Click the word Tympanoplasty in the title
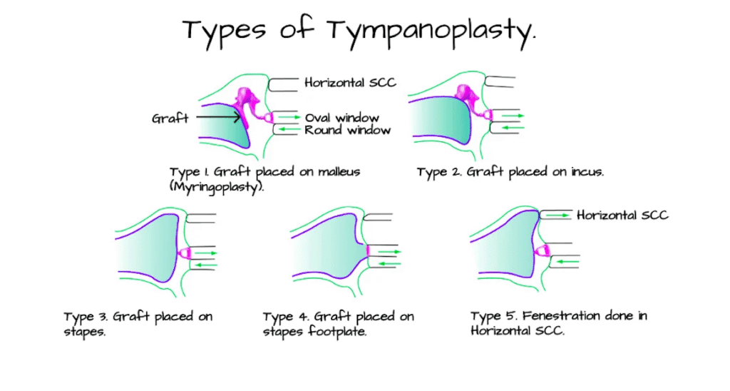[434, 31]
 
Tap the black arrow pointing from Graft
[217, 116]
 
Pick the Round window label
[346, 130]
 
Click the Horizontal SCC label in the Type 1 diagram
[350, 83]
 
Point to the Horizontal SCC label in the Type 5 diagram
[622, 214]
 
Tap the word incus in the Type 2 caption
[585, 172]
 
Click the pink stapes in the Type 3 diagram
[184, 253]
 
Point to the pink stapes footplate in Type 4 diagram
[368, 250]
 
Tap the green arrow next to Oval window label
[289, 117]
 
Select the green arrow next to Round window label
[289, 129]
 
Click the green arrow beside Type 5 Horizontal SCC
[555, 214]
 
